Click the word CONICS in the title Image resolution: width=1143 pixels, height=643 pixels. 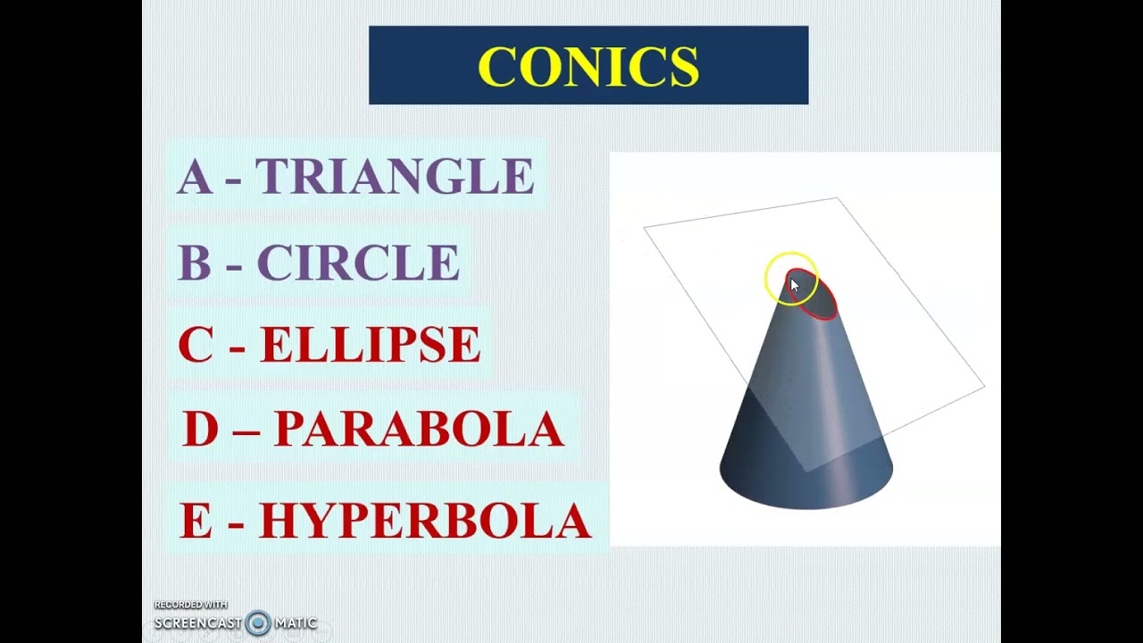click(588, 66)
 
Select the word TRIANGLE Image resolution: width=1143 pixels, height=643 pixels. click(395, 177)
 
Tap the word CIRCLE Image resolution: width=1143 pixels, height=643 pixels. click(358, 263)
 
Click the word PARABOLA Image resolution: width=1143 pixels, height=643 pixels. click(419, 430)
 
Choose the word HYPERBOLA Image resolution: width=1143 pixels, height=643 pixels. click(425, 521)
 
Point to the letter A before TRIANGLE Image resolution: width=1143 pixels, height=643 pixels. click(195, 177)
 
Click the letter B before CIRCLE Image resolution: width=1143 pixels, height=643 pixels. click(194, 263)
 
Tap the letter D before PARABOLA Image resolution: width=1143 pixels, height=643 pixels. click(200, 430)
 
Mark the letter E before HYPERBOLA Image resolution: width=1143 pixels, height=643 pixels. click(196, 521)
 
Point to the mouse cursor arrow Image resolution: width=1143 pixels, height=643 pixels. click(795, 286)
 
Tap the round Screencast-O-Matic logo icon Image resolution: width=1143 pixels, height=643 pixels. click(258, 623)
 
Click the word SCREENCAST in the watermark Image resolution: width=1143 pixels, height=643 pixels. click(198, 623)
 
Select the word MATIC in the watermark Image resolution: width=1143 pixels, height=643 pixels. click(296, 623)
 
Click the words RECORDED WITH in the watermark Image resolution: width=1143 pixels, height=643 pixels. click(190, 605)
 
